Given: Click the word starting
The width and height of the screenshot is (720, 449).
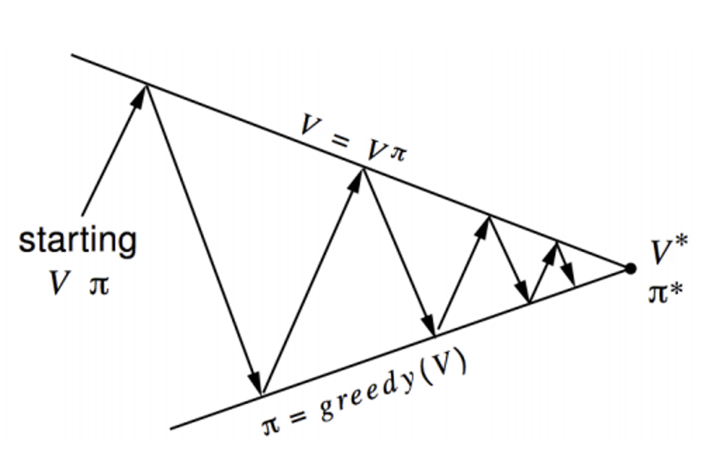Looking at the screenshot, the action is coord(77,240).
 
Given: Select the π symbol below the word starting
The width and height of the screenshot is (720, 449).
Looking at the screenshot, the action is coord(98,285).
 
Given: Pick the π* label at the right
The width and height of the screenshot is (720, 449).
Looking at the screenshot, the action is coord(666,291).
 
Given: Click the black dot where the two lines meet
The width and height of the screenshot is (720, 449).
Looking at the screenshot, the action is coord(630,268).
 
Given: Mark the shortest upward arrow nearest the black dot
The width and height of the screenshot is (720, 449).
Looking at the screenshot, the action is coord(544,272).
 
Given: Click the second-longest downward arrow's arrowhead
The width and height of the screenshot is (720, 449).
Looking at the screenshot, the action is coord(430,324).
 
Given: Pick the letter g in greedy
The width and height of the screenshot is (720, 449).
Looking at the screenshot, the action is coord(327,410).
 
